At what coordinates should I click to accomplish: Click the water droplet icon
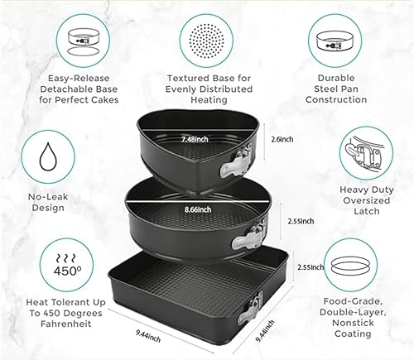click(x=48, y=156)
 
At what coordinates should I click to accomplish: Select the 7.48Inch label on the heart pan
click(x=195, y=139)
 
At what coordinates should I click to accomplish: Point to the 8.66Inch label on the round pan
click(x=198, y=209)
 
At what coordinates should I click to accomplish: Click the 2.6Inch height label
click(x=282, y=139)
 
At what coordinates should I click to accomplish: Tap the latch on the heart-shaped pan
click(x=236, y=161)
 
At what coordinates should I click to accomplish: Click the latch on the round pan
click(x=250, y=234)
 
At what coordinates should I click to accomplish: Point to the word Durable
click(x=336, y=78)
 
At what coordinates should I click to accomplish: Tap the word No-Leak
click(x=48, y=197)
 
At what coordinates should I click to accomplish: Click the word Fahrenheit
click(x=66, y=324)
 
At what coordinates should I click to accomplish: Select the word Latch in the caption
click(x=367, y=211)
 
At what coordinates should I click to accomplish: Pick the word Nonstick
click(x=353, y=323)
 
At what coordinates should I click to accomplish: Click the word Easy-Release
click(x=79, y=79)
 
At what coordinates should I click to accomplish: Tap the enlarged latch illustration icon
click(x=365, y=153)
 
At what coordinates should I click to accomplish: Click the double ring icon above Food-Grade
click(x=350, y=265)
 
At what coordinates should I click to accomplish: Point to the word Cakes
click(x=104, y=99)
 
